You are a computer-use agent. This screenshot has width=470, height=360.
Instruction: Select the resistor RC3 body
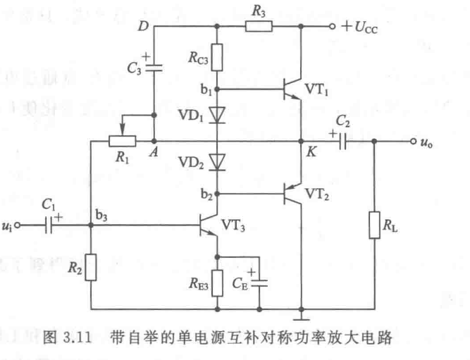pyautogui.click(x=218, y=55)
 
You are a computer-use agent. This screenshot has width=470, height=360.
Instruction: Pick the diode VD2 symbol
pyautogui.click(x=218, y=163)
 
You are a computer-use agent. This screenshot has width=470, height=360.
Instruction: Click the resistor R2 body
pyautogui.click(x=91, y=267)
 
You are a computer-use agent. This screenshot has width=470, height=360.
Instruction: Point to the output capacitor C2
pyautogui.click(x=341, y=140)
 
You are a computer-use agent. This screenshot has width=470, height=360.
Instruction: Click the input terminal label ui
pyautogui.click(x=8, y=226)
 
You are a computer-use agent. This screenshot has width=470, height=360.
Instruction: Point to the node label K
pyautogui.click(x=309, y=151)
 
